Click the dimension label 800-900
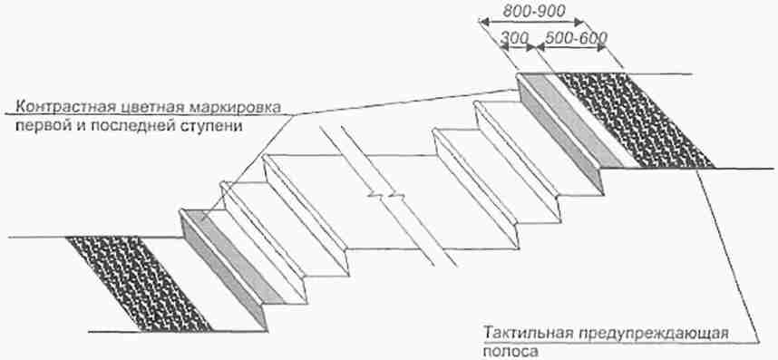[534, 11]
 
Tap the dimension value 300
[514, 38]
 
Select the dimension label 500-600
[576, 38]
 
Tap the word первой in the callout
[38, 125]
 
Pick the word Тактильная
[527, 332]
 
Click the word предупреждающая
[651, 333]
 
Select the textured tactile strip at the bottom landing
[140, 284]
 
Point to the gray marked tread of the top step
[570, 120]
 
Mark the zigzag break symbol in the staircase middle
[384, 195]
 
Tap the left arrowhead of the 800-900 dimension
[483, 22]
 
